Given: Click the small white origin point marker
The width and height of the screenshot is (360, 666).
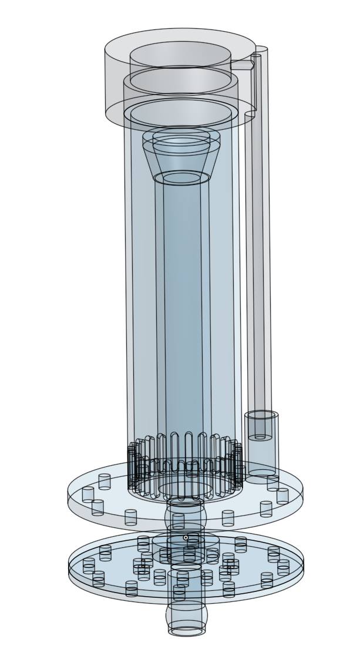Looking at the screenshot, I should pyautogui.click(x=186, y=537).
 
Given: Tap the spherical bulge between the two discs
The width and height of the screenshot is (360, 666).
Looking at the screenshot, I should pyautogui.click(x=186, y=516).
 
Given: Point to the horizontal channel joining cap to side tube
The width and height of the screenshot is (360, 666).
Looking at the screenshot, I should pyautogui.click(x=241, y=65).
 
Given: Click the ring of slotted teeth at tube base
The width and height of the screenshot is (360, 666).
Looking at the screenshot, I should pyautogui.click(x=185, y=452).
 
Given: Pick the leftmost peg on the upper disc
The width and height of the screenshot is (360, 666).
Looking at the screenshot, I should pyautogui.click(x=88, y=494).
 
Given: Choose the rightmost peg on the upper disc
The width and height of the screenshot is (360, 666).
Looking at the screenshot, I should pyautogui.click(x=283, y=495).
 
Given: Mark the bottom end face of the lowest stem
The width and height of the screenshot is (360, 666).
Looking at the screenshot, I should pyautogui.click(x=187, y=631).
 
